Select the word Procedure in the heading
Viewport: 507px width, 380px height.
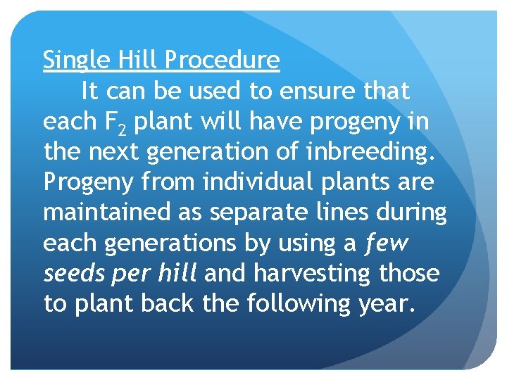pyautogui.click(x=223, y=61)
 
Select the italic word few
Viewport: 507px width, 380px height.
pyautogui.click(x=386, y=243)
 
